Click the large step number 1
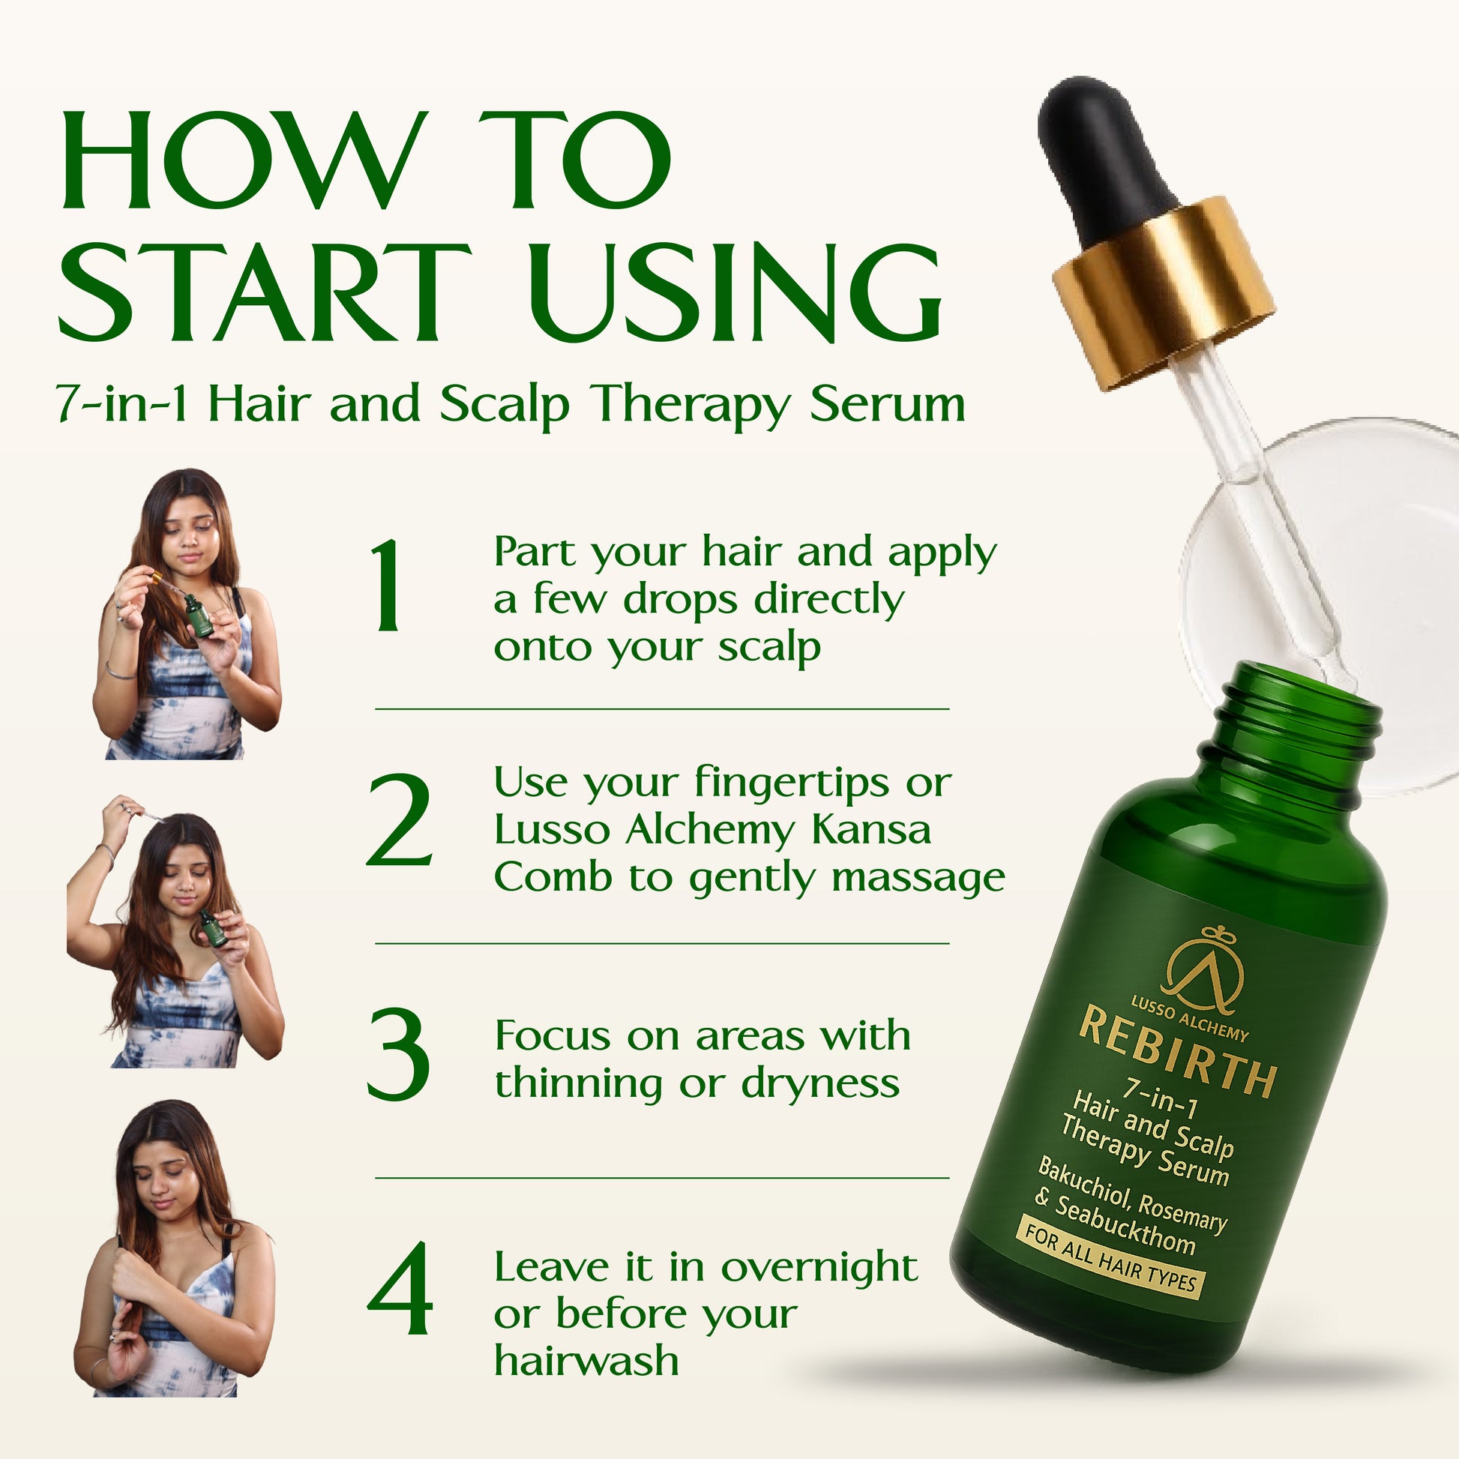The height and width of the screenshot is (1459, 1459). click(x=390, y=586)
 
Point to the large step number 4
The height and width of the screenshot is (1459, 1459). click(x=400, y=1288)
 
